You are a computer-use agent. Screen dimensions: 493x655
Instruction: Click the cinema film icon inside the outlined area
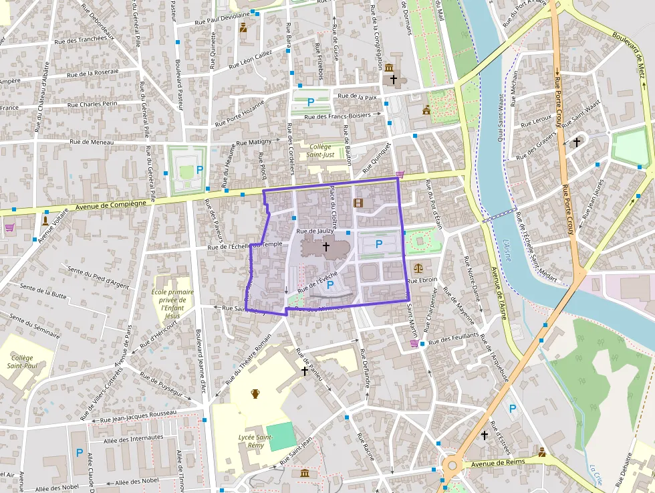coord(359,203)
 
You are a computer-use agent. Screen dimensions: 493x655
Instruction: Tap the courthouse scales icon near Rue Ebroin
coord(418,267)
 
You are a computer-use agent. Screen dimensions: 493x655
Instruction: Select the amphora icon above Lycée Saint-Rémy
coord(255,393)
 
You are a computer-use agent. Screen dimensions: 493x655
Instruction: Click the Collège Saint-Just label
coord(319,151)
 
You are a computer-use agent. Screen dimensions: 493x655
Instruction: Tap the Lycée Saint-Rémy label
coord(255,441)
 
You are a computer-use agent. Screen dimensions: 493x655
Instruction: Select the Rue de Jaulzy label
coord(314,231)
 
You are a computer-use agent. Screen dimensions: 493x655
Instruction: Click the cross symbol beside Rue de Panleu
coord(304,371)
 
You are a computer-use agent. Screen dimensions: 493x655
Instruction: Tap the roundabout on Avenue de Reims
coord(452,465)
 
